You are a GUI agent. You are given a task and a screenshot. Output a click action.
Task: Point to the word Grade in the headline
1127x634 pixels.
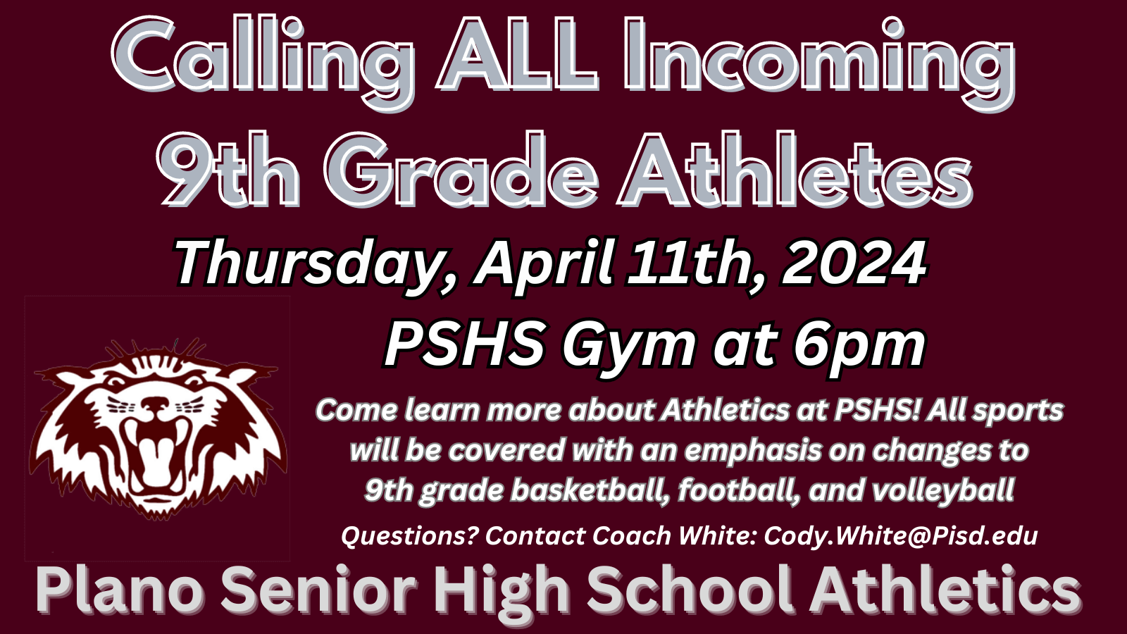click(x=461, y=168)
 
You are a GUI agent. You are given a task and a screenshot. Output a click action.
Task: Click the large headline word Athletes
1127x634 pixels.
click(x=795, y=168)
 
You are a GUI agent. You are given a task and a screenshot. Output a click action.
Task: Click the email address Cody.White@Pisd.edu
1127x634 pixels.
click(x=901, y=535)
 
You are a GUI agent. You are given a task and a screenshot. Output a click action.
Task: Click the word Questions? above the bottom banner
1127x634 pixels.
click(x=409, y=536)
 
